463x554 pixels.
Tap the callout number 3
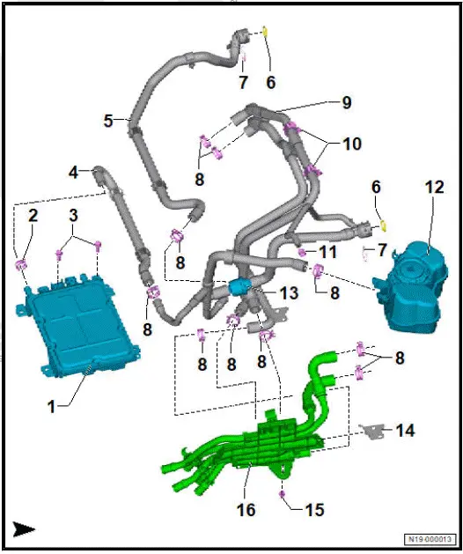point(76,216)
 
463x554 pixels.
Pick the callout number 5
point(109,121)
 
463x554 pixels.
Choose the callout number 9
point(347,103)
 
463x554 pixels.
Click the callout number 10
point(352,143)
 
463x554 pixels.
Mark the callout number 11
point(328,252)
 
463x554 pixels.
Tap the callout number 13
point(290,292)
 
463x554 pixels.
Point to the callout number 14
point(405,432)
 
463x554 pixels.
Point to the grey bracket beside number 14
point(374,431)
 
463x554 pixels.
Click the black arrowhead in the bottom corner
point(24,528)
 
